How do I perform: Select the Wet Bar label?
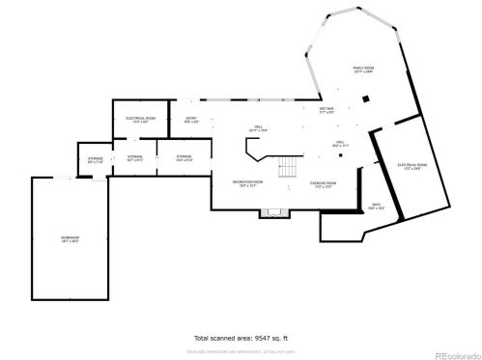click(327, 111)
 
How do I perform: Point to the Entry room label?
click(191, 121)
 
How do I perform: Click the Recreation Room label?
click(247, 183)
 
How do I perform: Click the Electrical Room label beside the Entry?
click(141, 121)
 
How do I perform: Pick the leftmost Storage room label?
click(94, 159)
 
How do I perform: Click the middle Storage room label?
click(134, 157)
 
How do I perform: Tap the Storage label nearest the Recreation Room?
click(184, 157)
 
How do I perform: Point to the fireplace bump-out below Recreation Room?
click(274, 211)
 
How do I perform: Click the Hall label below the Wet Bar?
click(340, 143)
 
